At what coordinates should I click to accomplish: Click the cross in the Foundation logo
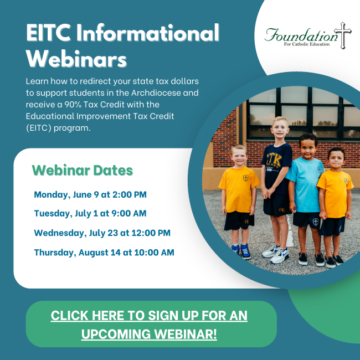point(342,35)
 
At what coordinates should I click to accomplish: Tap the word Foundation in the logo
point(301,35)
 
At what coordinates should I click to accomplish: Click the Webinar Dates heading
point(83,171)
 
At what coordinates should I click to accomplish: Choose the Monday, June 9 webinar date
point(90,195)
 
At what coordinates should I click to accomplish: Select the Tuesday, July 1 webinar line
point(90,214)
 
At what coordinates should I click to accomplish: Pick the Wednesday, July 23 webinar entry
point(102,233)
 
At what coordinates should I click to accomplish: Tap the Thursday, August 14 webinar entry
point(104,253)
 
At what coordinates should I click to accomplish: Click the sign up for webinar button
point(151,324)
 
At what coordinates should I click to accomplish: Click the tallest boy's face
point(280,130)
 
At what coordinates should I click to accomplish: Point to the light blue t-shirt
point(305,184)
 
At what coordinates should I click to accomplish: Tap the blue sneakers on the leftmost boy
point(241,251)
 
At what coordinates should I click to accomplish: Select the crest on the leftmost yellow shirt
point(246,178)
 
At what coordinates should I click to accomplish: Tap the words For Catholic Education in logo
point(307,44)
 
